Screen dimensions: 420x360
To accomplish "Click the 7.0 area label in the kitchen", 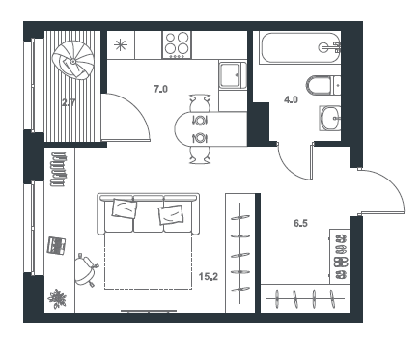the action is tap(161, 89).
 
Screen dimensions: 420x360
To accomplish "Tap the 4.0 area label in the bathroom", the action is tap(291, 100).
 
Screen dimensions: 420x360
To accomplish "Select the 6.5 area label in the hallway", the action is tap(300, 223).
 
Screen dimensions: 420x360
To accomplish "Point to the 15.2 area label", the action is tap(209, 276).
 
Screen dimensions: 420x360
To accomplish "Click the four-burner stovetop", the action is tap(177, 44).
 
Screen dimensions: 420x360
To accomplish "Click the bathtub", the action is tap(299, 48).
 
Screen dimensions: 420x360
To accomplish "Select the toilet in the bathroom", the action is tap(322, 85).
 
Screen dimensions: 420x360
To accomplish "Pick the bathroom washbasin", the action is tap(330, 118).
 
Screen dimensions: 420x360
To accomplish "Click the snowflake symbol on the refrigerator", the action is tap(121, 44).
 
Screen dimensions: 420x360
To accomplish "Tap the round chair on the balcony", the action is tap(73, 60).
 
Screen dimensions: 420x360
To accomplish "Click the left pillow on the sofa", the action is tap(125, 208).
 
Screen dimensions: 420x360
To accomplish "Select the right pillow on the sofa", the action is tap(171, 214).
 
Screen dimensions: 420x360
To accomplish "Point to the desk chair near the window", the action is tap(86, 269).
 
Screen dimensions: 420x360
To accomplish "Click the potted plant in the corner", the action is tap(57, 299).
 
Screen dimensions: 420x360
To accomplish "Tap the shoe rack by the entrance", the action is tap(340, 257).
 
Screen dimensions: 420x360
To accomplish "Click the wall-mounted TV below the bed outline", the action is tap(149, 311).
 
